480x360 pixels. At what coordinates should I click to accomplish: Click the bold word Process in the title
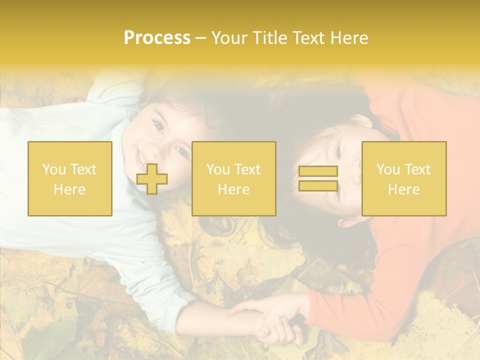[157, 38]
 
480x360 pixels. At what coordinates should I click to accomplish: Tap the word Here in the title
[348, 38]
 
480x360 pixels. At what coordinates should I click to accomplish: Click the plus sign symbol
[152, 179]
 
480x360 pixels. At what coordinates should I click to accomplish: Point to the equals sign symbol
[318, 178]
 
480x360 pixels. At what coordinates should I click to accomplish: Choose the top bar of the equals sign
[318, 171]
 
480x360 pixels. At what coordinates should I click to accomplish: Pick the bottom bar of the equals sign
[318, 185]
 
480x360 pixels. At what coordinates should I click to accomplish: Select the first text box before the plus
[70, 178]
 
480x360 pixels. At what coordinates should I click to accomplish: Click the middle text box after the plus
[233, 178]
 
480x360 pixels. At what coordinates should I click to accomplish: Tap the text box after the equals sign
[404, 178]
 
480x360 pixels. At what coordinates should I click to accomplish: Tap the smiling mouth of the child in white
[140, 159]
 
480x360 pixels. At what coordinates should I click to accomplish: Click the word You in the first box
[53, 169]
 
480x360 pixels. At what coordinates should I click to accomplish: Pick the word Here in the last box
[404, 189]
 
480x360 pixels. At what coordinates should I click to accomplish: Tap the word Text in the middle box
[247, 169]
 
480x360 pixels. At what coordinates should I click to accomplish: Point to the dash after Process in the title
[200, 38]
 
